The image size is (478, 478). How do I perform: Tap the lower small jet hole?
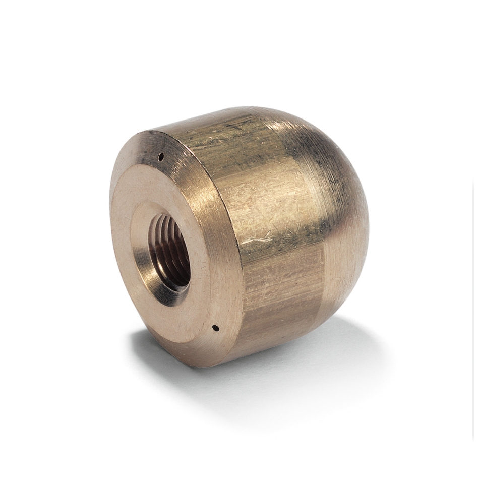tap(216, 328)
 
